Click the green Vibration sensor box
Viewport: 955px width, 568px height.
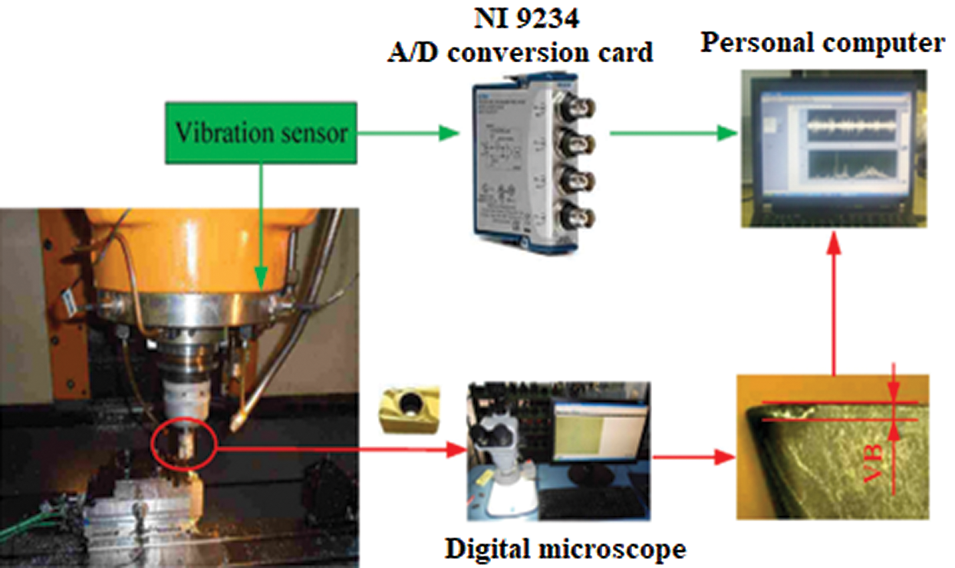[262, 133]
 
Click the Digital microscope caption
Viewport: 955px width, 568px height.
[566, 549]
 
